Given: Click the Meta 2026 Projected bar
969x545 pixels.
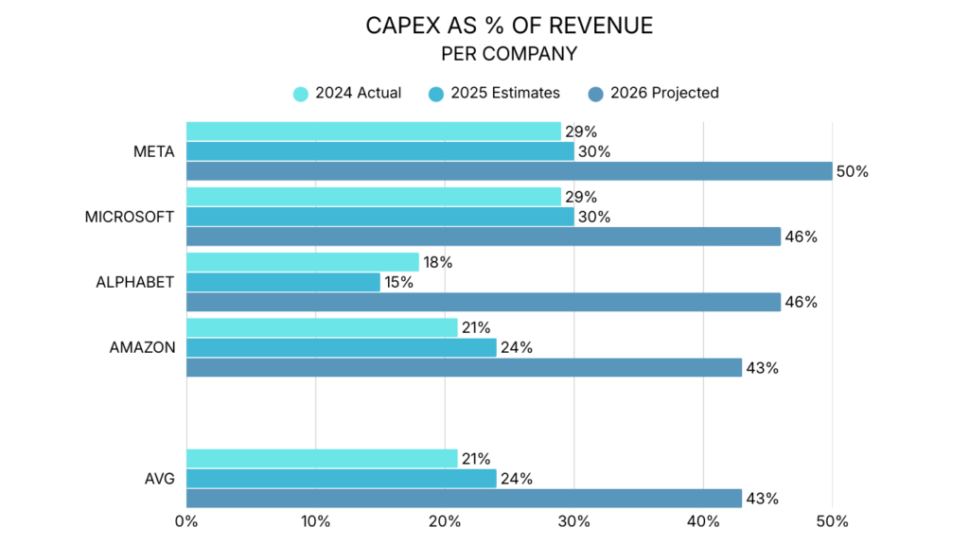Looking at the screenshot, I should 509,171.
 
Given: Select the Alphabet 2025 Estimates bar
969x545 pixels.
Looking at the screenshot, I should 283,282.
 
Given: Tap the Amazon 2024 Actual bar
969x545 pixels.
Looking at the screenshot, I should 322,327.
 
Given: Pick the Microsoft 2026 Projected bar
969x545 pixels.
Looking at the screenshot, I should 484,237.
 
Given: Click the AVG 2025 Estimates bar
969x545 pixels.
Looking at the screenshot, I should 341,478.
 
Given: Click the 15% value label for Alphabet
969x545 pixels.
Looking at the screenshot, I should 399,282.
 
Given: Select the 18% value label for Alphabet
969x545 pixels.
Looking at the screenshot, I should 438,262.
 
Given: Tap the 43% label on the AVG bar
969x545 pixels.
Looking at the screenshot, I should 763,499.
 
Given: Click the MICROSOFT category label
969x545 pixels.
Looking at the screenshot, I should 130,217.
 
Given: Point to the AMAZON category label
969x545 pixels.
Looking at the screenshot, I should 143,347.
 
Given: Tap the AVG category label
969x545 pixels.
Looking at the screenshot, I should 159,478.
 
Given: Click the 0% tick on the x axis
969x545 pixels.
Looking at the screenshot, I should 186,521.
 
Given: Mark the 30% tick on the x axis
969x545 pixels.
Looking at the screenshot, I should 573,521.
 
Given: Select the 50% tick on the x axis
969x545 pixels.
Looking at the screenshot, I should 832,521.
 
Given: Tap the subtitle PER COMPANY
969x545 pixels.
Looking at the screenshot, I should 509,54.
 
